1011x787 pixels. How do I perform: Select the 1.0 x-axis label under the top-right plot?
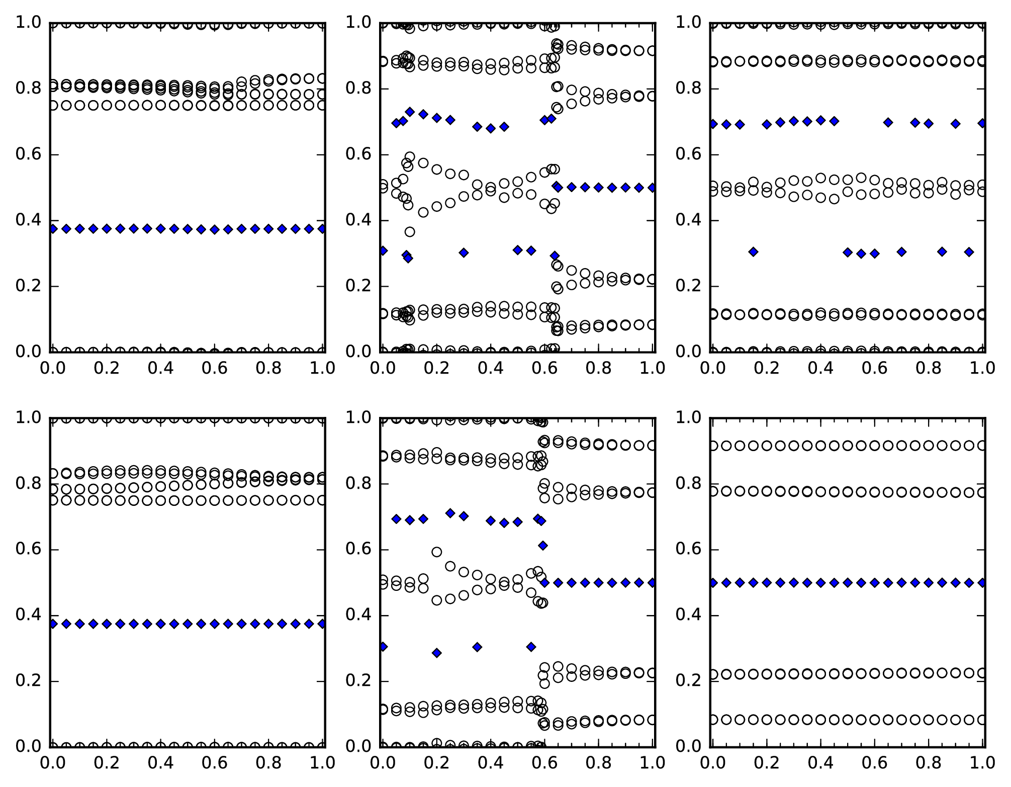click(982, 368)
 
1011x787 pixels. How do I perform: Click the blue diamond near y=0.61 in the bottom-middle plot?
click(543, 546)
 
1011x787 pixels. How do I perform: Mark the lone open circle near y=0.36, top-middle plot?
click(410, 232)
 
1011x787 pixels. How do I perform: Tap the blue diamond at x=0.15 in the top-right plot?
click(753, 252)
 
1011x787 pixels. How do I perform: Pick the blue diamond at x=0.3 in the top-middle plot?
click(464, 253)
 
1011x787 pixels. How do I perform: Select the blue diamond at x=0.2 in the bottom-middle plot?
click(437, 653)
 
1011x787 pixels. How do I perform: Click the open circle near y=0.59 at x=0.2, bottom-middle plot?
click(437, 552)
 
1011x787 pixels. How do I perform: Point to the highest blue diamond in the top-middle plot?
click(410, 112)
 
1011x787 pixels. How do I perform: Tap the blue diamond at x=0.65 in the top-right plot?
click(888, 122)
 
